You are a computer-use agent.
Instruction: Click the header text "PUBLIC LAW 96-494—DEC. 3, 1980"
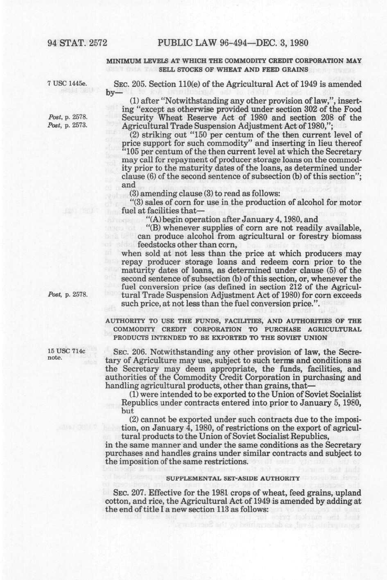coord(233,43)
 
